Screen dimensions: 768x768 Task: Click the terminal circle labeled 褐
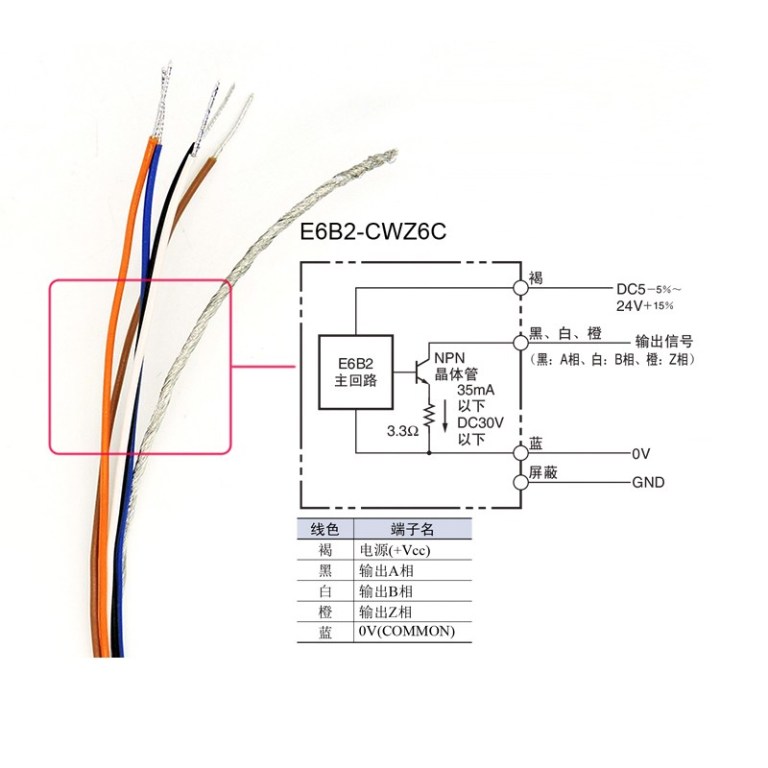click(520, 286)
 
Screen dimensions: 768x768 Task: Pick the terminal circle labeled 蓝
click(520, 451)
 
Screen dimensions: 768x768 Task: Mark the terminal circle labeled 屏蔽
click(520, 482)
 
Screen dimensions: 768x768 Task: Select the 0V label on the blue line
click(641, 452)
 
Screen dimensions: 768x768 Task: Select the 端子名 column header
click(413, 530)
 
